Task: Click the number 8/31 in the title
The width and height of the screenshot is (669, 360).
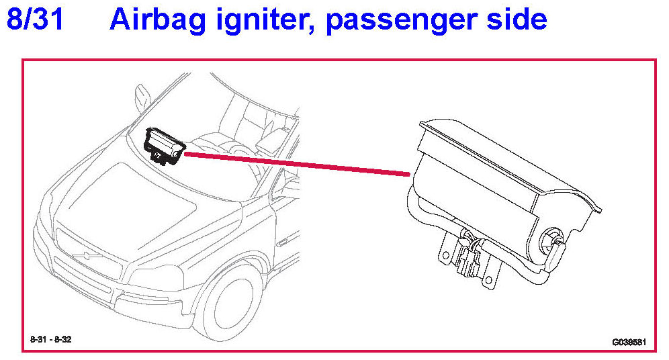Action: [36, 19]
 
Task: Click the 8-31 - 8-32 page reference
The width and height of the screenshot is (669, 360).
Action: [51, 340]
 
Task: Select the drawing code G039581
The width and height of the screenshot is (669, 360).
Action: [629, 342]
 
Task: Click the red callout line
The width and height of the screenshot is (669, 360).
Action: [297, 164]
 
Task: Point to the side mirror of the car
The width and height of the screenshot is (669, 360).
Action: [142, 98]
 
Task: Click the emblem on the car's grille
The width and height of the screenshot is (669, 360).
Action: [88, 256]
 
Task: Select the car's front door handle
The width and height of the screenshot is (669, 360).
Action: [283, 244]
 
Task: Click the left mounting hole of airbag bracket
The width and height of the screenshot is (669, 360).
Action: [446, 256]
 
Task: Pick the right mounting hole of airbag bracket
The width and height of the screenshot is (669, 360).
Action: [489, 281]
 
